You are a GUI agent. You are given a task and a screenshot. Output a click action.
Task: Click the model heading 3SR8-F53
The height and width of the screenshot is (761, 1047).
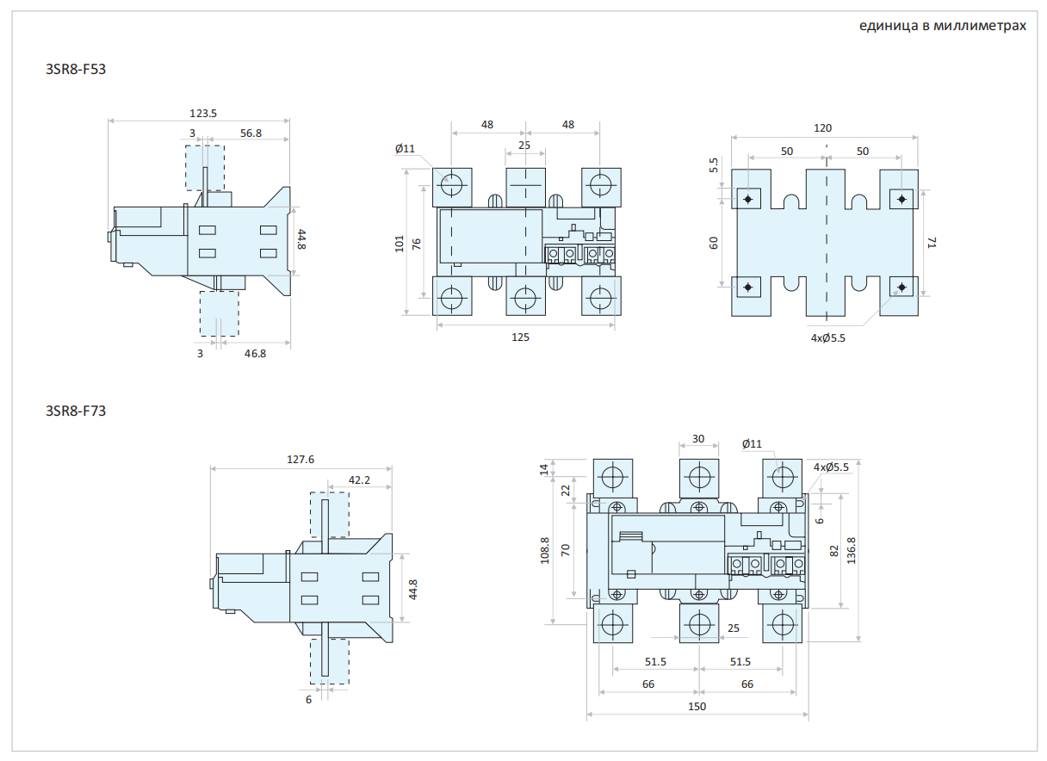(75, 69)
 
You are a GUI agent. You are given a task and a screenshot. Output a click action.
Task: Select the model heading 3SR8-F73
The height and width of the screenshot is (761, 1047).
(75, 411)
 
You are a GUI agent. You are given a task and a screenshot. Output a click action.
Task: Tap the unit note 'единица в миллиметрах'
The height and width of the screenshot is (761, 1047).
(942, 26)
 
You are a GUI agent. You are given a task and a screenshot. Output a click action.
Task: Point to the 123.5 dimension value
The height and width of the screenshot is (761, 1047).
(203, 113)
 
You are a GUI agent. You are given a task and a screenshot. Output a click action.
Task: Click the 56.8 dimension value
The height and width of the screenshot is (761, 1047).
(251, 133)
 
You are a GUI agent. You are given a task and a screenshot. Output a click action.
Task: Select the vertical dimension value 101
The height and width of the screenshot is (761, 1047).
(400, 244)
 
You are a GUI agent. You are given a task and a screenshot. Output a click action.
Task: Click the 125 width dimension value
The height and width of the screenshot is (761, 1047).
(520, 337)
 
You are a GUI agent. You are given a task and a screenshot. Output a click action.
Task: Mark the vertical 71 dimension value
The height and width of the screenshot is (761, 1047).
(930, 244)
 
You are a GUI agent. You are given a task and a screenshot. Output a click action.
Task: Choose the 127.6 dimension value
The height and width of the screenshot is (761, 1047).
(300, 460)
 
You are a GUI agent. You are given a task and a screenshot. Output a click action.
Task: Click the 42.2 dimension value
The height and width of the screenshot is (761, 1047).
(360, 479)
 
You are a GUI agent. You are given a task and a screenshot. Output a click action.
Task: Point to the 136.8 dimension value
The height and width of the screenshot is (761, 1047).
(852, 551)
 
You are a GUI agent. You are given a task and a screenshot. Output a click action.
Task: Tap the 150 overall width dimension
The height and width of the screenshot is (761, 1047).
(697, 706)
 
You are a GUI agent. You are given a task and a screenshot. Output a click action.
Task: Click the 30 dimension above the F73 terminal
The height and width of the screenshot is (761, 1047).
(698, 438)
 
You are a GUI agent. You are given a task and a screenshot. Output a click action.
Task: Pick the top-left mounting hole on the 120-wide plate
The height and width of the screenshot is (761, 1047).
(747, 200)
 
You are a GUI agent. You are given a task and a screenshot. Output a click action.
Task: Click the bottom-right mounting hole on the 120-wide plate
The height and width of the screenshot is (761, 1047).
(901, 287)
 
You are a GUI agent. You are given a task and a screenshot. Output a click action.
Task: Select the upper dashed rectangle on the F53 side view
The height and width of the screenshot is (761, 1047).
(205, 168)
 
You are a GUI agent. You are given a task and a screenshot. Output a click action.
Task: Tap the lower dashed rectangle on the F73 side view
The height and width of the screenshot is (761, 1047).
(330, 661)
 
